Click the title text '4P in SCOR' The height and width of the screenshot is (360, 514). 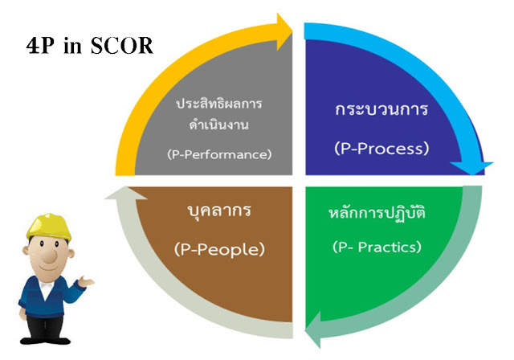(89, 45)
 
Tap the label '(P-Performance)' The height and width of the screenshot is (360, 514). (219, 154)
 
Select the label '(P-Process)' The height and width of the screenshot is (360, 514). (381, 148)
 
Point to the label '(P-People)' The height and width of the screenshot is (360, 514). (219, 249)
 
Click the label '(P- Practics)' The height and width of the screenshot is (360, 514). (377, 247)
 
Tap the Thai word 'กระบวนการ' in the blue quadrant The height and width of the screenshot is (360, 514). (381, 109)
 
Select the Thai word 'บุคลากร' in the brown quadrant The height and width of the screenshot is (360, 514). (219, 211)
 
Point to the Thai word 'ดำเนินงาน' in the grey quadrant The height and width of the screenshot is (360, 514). (218, 125)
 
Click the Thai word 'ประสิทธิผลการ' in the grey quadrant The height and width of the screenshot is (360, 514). (219, 104)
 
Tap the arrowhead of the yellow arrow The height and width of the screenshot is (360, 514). (284, 31)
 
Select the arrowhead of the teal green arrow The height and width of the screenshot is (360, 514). (313, 329)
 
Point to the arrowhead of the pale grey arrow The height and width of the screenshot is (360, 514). (126, 194)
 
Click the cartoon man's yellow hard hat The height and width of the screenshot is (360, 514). (49, 227)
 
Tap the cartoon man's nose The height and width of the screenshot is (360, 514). (50, 255)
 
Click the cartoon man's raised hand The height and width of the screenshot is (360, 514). (86, 281)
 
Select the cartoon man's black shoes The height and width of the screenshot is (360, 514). (45, 341)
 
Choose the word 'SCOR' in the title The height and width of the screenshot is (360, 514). (122, 45)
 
